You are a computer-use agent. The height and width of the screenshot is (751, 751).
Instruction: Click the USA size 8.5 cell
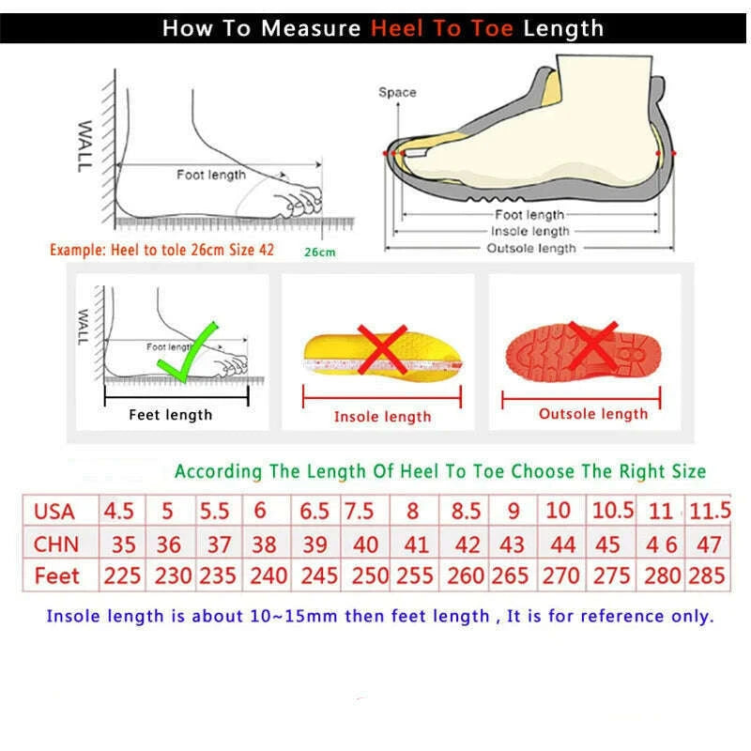(466, 512)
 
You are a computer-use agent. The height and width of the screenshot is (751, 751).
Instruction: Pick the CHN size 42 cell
(466, 544)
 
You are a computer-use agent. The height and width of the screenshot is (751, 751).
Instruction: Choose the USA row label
(54, 512)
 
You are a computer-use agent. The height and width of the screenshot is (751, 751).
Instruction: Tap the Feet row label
(56, 575)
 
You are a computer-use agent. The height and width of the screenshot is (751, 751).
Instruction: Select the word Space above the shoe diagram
(397, 92)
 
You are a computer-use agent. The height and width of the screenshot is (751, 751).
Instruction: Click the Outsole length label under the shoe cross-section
(530, 248)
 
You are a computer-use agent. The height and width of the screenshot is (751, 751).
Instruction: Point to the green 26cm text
(319, 252)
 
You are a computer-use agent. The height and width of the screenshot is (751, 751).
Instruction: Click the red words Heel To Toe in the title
(441, 28)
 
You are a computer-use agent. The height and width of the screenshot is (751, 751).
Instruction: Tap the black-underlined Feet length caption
(171, 415)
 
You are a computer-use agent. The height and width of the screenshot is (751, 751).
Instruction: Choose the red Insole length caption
(382, 417)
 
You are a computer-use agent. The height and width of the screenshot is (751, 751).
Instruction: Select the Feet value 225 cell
(122, 575)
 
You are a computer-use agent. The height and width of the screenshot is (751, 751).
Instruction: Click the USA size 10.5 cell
(611, 512)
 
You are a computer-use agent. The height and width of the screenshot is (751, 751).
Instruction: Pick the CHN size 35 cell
(123, 544)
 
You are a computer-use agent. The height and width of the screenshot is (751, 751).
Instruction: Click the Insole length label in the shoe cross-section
(529, 231)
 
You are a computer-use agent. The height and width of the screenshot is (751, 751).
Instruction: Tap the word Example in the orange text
(76, 251)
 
